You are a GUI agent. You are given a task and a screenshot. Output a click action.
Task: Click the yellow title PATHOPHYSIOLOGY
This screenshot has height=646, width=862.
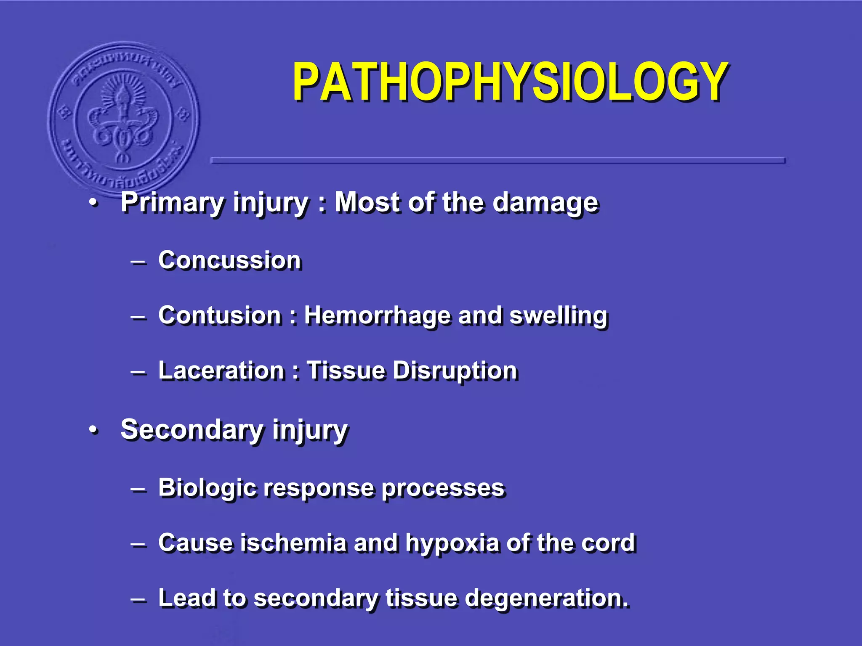510,82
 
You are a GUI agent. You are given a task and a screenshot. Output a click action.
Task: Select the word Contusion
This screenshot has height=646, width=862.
220,315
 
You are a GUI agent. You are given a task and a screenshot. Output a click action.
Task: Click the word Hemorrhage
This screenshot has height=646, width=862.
377,316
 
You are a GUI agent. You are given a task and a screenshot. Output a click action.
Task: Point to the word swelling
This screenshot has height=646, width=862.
559,316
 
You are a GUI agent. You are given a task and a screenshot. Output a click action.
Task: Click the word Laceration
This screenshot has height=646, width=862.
221,371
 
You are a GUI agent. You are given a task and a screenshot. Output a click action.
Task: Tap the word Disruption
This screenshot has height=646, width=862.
455,371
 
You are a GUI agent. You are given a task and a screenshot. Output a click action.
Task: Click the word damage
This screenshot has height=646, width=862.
545,203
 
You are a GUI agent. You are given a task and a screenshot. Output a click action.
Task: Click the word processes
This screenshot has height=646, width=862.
443,489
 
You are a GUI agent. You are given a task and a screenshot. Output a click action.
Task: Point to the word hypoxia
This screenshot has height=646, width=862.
452,543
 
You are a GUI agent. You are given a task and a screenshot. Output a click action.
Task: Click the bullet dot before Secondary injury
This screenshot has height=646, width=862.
93,430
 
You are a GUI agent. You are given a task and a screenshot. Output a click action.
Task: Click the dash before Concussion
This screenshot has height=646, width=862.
138,262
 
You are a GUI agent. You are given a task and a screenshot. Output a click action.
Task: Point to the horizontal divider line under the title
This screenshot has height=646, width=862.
498,160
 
